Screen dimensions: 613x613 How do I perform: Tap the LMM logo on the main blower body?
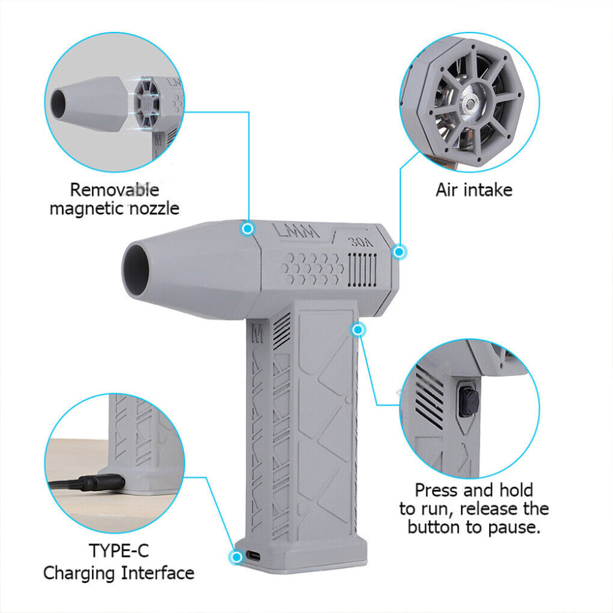click(296, 232)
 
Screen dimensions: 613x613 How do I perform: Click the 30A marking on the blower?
click(360, 241)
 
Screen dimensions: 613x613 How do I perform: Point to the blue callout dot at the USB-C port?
click(235, 557)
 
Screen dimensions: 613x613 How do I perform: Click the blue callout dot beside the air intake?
click(399, 251)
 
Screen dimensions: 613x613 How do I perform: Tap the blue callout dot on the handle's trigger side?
click(359, 330)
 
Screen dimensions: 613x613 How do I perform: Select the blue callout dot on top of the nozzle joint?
click(248, 229)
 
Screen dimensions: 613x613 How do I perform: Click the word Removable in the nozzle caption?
click(114, 189)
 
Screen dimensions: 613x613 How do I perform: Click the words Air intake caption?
click(474, 189)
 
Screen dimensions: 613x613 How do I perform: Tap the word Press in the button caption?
click(437, 490)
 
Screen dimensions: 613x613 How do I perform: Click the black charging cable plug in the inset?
click(98, 482)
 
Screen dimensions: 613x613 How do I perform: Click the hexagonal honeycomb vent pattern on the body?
click(313, 267)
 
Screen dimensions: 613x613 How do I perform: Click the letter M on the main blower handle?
click(257, 333)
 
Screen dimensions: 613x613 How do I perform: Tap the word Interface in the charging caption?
click(158, 573)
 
